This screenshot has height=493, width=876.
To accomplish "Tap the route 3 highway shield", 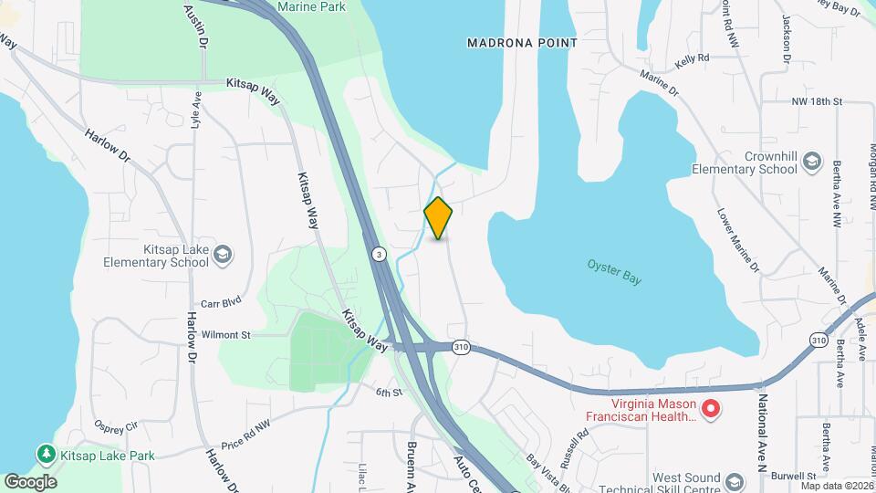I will [x=378, y=253].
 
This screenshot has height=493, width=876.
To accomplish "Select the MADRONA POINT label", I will [x=522, y=42].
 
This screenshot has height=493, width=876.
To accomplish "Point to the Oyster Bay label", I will [x=614, y=272].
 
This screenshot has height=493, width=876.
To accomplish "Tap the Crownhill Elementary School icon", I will [x=810, y=163].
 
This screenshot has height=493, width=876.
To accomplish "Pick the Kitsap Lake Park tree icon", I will [x=45, y=454].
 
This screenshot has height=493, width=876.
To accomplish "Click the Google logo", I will [x=30, y=481].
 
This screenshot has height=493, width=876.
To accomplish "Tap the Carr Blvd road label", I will [x=220, y=302].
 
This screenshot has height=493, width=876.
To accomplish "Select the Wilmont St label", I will [x=225, y=335].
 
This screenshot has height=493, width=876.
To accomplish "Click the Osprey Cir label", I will [x=116, y=426].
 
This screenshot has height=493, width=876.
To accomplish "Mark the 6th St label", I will [x=388, y=393].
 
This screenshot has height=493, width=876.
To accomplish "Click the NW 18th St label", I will [x=815, y=101].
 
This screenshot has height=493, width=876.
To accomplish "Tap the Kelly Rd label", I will [x=692, y=58].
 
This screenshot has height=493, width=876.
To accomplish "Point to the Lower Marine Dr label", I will [x=737, y=241].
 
